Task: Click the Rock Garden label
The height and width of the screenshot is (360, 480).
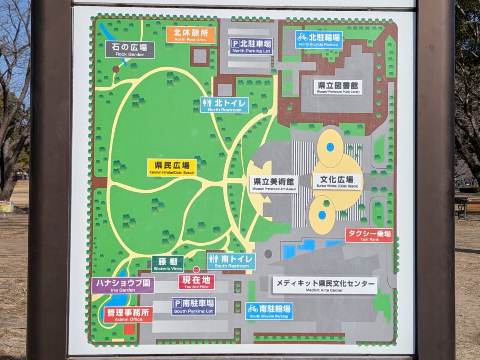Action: tap(130, 50)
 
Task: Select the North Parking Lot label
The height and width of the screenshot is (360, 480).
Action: tap(251, 46)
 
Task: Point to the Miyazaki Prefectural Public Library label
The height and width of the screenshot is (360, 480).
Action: tap(338, 88)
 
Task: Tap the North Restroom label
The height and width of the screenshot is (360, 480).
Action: tap(225, 105)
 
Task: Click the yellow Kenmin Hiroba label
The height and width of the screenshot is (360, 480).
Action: tap(172, 167)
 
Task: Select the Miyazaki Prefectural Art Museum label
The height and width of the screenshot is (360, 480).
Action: tap(274, 184)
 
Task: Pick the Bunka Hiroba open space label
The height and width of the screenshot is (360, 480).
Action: tap(337, 181)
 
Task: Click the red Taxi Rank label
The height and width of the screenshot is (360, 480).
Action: tap(369, 235)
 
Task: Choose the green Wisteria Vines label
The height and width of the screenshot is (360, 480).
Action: tap(168, 264)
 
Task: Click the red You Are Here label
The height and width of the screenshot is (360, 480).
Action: tap(196, 282)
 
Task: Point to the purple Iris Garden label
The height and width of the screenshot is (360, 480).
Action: tap(123, 285)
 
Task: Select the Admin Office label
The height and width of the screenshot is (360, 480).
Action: tap(128, 315)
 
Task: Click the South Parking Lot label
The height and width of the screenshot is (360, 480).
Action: tap(193, 306)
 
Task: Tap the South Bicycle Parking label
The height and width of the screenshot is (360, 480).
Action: tap(269, 312)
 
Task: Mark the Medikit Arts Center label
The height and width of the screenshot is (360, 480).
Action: tap(325, 285)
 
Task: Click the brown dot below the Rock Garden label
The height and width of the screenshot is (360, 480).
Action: tap(116, 69)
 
